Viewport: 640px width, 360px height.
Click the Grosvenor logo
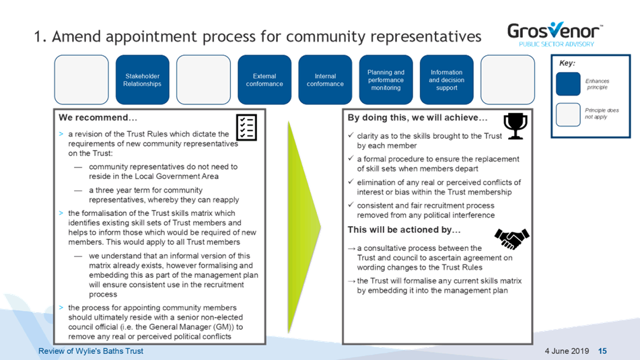point(555,34)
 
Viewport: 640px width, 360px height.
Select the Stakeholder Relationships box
point(143,79)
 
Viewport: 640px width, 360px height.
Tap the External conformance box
point(264,79)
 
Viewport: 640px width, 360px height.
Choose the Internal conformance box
point(325,79)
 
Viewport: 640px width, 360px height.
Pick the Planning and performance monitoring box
point(386,79)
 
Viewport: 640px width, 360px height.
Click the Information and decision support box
point(447,79)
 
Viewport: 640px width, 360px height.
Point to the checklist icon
point(246,127)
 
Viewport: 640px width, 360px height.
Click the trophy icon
point(515,126)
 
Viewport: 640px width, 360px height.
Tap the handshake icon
point(512,239)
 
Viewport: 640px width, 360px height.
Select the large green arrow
point(304,227)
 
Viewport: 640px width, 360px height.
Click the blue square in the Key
point(568,84)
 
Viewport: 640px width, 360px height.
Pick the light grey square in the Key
point(568,114)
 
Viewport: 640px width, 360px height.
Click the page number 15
point(602,351)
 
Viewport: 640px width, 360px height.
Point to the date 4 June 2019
point(567,351)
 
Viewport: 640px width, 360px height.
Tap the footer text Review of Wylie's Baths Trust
point(91,351)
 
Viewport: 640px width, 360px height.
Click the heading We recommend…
point(98,118)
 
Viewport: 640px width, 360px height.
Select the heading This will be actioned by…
point(404,230)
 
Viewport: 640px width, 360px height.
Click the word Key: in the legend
point(567,63)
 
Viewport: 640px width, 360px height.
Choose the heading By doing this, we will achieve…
point(417,118)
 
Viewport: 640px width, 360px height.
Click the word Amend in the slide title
point(76,36)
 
